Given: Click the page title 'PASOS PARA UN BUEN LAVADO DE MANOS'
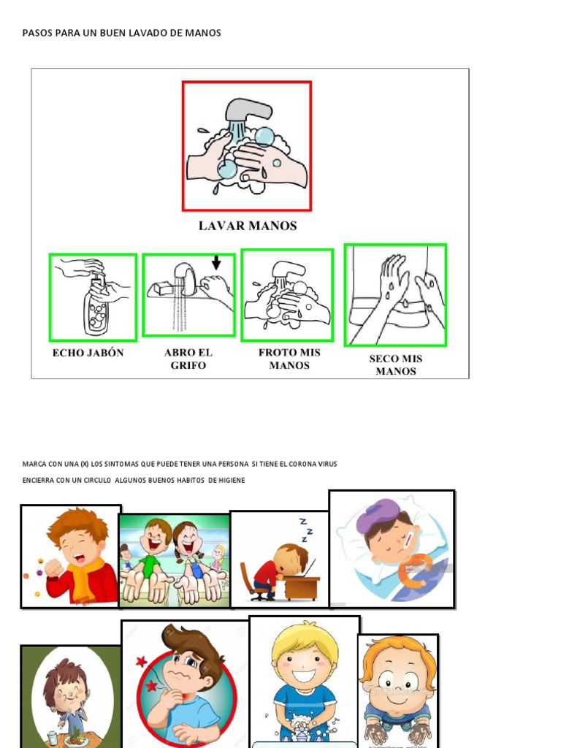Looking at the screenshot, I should coord(121,33).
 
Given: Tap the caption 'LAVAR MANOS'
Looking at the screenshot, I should coord(248,226).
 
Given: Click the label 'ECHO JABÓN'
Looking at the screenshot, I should coord(88,353).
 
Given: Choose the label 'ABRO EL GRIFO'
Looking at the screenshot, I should coord(188,359).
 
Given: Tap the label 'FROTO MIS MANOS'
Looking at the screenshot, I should coord(289,359).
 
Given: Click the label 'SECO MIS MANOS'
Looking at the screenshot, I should coord(395,365).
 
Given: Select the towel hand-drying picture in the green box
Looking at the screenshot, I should coord(395,294).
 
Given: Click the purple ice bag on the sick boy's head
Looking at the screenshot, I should coord(374,514).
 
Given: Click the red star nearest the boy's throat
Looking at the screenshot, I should coord(152,686).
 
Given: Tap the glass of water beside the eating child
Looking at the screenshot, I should coord(52,739).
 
